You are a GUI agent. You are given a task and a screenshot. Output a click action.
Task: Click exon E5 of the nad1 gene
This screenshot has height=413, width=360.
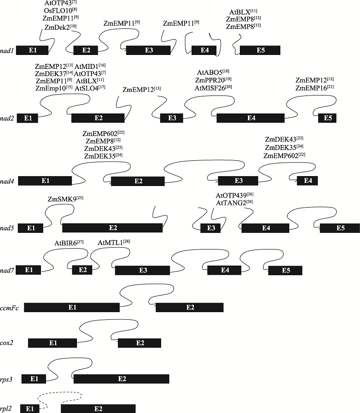(260, 50)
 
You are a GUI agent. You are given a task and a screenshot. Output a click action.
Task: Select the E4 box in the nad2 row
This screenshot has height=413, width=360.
(251, 118)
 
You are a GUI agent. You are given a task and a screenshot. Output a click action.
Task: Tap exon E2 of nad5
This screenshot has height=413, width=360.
(112, 228)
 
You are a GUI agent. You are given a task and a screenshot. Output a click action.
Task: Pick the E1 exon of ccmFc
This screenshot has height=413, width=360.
(72, 307)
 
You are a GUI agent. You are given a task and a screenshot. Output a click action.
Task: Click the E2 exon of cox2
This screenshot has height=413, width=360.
(139, 343)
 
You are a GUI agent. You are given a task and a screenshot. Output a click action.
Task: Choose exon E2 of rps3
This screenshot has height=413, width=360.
(121, 379)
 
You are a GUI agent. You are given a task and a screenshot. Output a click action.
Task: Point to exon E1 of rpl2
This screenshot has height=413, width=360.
(30, 408)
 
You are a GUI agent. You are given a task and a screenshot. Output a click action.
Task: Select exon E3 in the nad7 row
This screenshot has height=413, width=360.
(142, 270)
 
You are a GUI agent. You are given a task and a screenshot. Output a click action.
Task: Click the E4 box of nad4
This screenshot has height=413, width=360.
(307, 181)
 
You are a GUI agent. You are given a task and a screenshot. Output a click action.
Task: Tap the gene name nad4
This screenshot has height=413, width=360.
(7, 181)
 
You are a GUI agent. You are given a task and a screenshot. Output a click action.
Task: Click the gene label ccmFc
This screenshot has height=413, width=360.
(9, 308)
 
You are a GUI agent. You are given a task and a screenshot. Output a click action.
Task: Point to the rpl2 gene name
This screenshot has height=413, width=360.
(6, 409)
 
